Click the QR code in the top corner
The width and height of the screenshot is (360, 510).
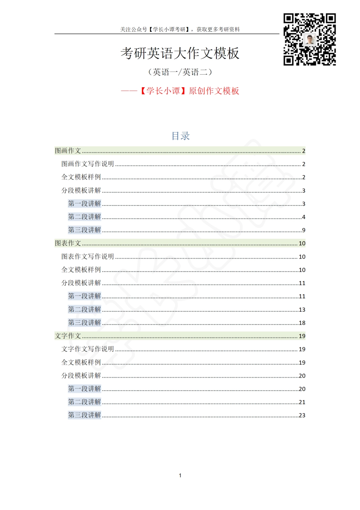point(310,39)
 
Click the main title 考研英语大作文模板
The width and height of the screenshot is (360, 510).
point(180,53)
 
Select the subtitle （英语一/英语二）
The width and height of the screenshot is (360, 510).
point(180,72)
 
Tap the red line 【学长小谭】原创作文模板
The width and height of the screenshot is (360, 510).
point(180,91)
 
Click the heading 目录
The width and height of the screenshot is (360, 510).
point(180,136)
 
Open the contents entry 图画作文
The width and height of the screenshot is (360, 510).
point(68,151)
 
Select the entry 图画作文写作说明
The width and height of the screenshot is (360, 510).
point(88,164)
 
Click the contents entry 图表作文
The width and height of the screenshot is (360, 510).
point(68,243)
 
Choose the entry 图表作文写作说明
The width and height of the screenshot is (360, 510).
point(88,256)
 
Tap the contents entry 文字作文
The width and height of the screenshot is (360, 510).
point(68,336)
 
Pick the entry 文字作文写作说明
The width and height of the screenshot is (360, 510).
point(88,349)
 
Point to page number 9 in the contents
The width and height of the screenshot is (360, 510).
point(304,230)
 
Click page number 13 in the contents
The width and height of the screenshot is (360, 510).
point(302,310)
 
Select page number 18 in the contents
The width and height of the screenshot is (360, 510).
point(302,323)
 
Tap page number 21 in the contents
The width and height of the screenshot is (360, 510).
point(302,402)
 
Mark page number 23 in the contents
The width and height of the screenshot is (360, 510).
point(302,416)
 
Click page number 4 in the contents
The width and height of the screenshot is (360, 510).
point(304,217)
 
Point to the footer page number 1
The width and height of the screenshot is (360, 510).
point(180,475)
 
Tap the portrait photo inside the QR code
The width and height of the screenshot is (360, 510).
point(310,39)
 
